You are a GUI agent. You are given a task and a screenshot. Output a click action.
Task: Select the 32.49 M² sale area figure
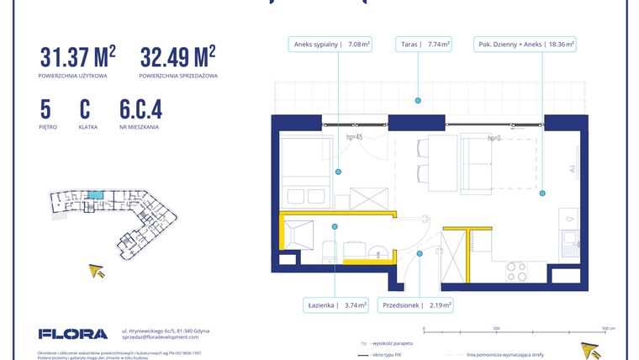point(177,58)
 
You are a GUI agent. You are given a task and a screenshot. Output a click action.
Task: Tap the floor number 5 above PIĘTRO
point(45,110)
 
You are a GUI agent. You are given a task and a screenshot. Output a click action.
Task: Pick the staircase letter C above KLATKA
point(84,110)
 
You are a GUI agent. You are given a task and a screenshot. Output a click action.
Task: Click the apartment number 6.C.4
point(140,110)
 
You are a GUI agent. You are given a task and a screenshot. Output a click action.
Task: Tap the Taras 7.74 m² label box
point(424,45)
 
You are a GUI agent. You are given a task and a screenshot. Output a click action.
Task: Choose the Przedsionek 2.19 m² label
point(416,305)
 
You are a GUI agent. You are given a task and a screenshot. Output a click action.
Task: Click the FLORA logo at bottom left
point(73,334)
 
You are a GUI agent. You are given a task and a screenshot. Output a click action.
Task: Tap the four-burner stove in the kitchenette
point(515,271)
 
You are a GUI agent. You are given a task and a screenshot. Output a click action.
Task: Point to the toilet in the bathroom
point(330,251)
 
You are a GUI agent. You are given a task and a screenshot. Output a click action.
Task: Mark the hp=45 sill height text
point(354,137)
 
